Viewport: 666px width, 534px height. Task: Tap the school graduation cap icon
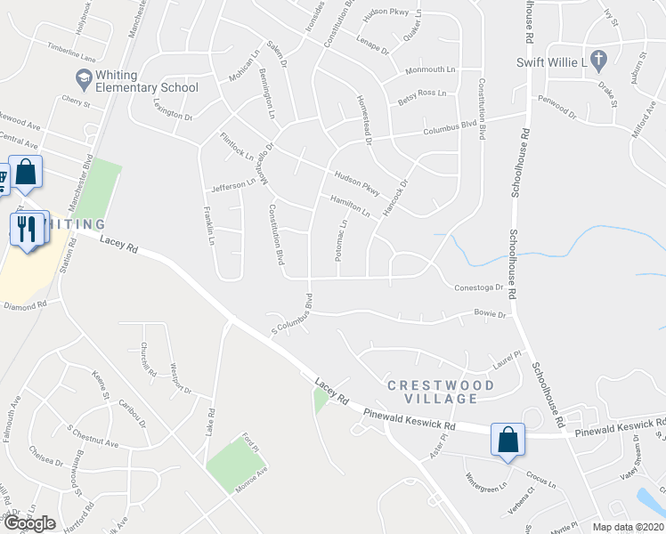83,81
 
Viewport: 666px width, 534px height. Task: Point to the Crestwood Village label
440,392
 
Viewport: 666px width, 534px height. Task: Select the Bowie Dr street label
489,315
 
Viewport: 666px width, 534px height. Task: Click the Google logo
29,523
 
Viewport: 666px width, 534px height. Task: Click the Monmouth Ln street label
430,69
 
